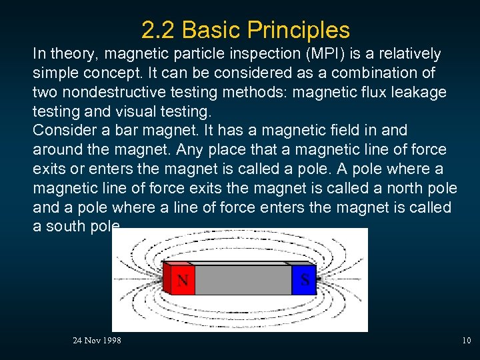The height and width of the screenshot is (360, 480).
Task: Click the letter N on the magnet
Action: coord(182,280)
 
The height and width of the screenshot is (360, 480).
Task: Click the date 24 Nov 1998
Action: coord(97,341)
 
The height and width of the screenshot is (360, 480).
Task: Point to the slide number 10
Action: coord(466,341)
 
